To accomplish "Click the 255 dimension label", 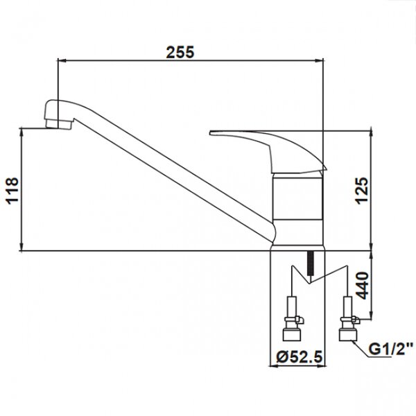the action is [180, 52].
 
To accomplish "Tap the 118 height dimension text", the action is [12, 191].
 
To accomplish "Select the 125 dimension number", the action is [362, 191].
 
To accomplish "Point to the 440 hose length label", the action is [362, 286].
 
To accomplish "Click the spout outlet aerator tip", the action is [59, 124].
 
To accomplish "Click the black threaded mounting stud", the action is [310, 263].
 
